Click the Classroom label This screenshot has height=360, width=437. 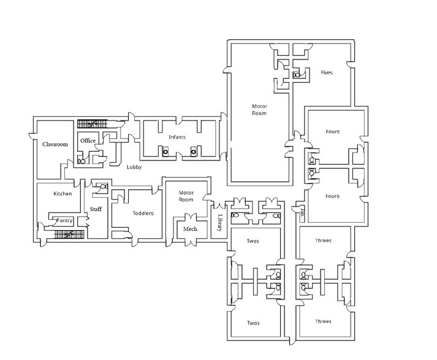click(55, 144)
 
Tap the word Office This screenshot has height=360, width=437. click(88, 141)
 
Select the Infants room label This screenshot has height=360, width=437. click(177, 137)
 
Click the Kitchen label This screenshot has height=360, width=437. click(63, 193)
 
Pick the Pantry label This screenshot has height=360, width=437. click(64, 220)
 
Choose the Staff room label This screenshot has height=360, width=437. click(96, 209)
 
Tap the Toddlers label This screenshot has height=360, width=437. click(142, 213)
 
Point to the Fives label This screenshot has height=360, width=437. click(327, 72)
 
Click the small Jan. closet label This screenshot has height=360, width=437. click(302, 214)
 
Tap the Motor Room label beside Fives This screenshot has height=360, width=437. click(259, 110)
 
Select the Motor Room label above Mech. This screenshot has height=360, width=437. click(186, 196)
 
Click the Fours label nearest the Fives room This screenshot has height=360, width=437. click(332, 132)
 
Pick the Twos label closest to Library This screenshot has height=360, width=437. click(253, 241)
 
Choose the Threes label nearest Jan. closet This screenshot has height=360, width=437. click(323, 241)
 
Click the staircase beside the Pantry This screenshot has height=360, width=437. click(65, 233)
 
